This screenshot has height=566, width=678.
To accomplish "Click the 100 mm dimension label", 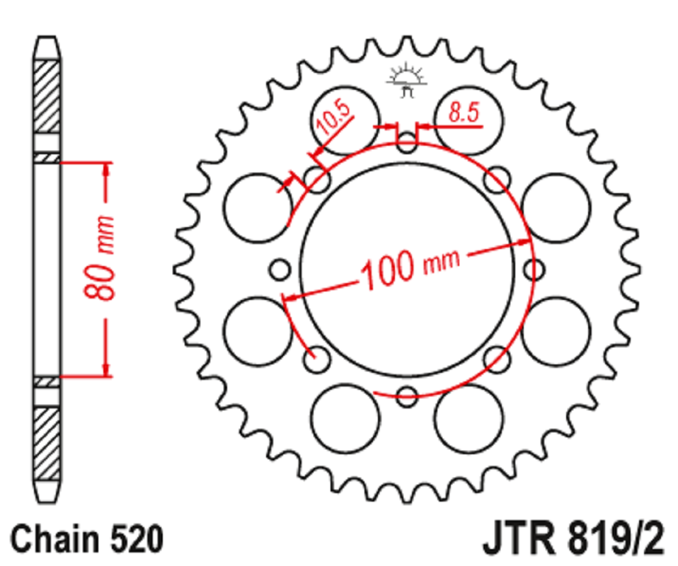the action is (x=410, y=269).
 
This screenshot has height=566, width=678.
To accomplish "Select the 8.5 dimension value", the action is (x=464, y=112).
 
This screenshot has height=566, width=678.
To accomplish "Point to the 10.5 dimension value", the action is (x=332, y=117).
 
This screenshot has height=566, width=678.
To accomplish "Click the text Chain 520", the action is (x=87, y=538).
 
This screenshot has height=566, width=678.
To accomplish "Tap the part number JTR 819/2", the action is (x=573, y=538).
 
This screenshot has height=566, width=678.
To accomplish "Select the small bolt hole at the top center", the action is (x=407, y=142).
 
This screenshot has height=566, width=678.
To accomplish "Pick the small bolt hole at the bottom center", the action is (x=407, y=396).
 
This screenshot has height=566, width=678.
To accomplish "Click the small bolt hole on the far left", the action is (x=280, y=270).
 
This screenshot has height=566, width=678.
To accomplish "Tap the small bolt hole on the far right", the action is (x=534, y=270).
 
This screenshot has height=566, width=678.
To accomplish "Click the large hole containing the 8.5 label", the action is (x=469, y=121).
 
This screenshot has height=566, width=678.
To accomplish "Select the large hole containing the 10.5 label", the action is (x=345, y=121).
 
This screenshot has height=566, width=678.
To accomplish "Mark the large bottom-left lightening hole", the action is (x=345, y=418).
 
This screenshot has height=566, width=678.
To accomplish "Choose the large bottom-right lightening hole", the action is (x=469, y=418).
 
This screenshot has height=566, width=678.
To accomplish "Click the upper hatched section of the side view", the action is (x=47, y=96).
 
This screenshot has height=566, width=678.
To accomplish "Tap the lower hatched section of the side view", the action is (x=47, y=444).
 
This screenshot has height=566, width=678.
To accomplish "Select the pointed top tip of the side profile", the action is (x=47, y=37).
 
